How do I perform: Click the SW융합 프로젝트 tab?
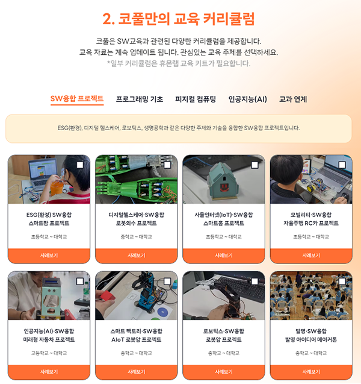[x=77, y=99]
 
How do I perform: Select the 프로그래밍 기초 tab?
[x=139, y=99]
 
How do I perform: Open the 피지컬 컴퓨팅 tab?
[x=196, y=99]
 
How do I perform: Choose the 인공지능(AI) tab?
[x=247, y=99]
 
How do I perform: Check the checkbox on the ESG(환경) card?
[x=80, y=165]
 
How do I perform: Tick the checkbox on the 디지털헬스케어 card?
[x=167, y=165]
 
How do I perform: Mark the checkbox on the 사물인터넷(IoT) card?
[x=255, y=165]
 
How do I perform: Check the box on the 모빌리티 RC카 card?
[x=342, y=165]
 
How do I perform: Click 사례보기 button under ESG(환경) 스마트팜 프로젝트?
[x=49, y=256]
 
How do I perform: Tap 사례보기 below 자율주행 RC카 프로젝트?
[x=311, y=256]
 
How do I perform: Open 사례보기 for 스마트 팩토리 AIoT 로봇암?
[x=136, y=372]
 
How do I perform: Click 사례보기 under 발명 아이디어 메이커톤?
[x=311, y=372]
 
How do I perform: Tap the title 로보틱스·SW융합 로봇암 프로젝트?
[x=223, y=335]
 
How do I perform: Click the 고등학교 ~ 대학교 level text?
[x=49, y=353]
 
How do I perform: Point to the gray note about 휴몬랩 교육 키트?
[x=179, y=63]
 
